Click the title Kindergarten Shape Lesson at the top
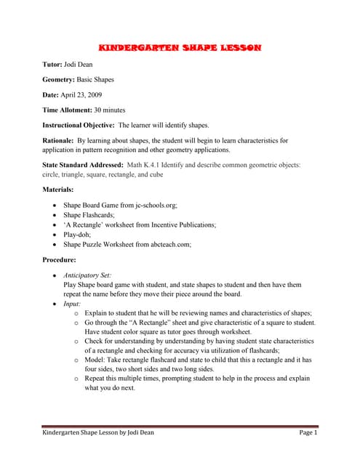(180, 48)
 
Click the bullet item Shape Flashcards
(90, 215)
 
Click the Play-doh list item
(79, 235)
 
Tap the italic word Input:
(73, 304)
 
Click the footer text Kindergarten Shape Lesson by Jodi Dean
(97, 433)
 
